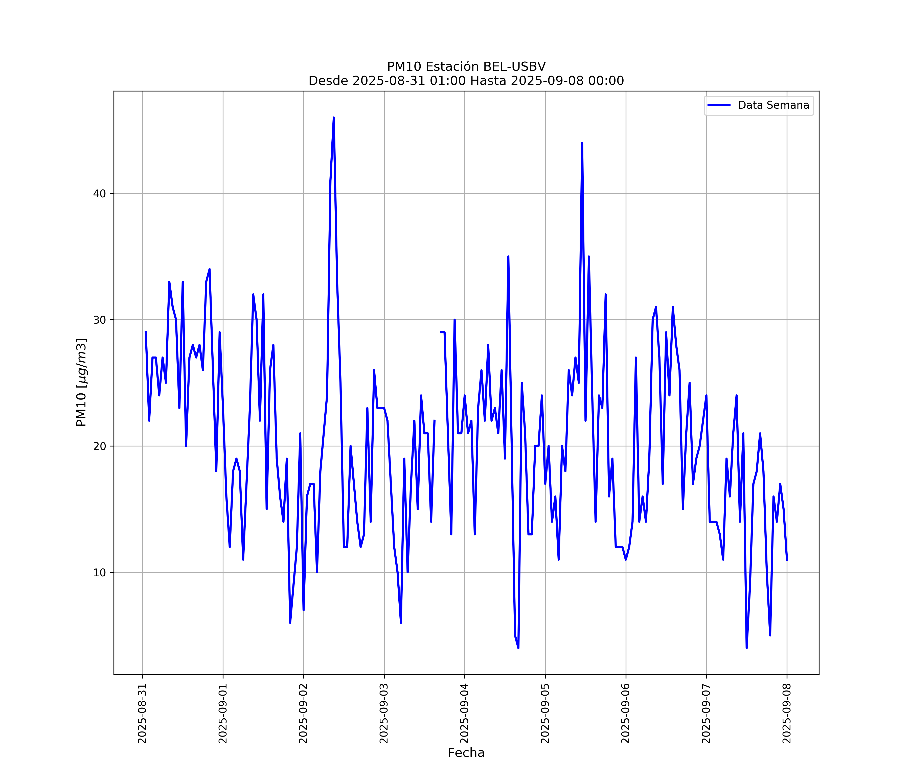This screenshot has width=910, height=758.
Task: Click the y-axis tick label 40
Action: pos(99,194)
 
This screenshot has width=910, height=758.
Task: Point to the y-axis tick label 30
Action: pos(99,320)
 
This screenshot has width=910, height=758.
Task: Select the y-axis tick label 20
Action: pos(99,446)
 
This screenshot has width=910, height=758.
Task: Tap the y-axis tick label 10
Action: pos(99,573)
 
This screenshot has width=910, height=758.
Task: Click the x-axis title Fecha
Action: pos(466,753)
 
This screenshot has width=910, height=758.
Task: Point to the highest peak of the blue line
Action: pos(334,117)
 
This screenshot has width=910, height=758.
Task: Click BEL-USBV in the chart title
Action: pos(514,67)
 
